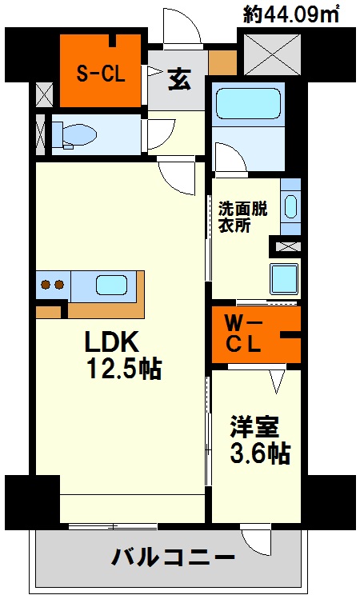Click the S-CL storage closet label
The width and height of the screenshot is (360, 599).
pyautogui.click(x=101, y=74)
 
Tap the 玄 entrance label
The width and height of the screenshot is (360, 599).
pyautogui.click(x=180, y=79)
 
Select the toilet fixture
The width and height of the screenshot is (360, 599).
pyautogui.click(x=74, y=135)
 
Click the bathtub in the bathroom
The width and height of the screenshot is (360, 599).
pyautogui.click(x=249, y=104)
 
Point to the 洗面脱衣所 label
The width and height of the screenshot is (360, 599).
pyautogui.click(x=242, y=218)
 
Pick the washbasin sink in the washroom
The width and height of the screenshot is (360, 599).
pyautogui.click(x=291, y=206)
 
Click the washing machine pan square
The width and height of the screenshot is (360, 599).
pyautogui.click(x=284, y=278)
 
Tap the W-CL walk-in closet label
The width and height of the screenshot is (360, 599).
pyautogui.click(x=243, y=334)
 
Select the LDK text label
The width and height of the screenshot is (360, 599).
pyautogui.click(x=111, y=341)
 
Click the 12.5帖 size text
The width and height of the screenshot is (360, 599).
pyautogui.click(x=125, y=368)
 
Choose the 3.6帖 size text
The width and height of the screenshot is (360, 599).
pyautogui.click(x=260, y=453)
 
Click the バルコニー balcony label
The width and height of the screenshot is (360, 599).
pyautogui.click(x=173, y=557)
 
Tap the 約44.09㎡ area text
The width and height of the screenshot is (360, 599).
pyautogui.click(x=291, y=15)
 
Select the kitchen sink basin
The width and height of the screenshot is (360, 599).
pyautogui.click(x=111, y=285)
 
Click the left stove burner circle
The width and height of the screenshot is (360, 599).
pyautogui.click(x=46, y=285)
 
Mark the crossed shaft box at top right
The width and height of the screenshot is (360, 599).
pyautogui.click(x=272, y=54)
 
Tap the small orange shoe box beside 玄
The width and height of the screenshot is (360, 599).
pyautogui.click(x=222, y=62)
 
